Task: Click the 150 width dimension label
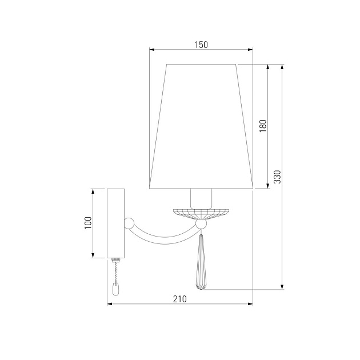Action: [x=201, y=44]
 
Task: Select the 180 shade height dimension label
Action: [x=263, y=126]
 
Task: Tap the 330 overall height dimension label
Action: [x=277, y=177]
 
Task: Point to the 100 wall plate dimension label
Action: [x=87, y=223]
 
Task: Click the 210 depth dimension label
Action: [x=179, y=298]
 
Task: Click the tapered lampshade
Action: [x=201, y=126]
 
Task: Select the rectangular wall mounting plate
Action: [x=116, y=223]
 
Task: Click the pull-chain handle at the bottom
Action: [x=116, y=290]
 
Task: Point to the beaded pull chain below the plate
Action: [x=116, y=271]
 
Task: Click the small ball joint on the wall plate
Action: [x=130, y=222]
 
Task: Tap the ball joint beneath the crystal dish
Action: [x=201, y=226]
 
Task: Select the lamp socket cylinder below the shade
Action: [x=201, y=198]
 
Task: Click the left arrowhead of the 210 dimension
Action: [x=110, y=305]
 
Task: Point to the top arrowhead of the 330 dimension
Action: [x=282, y=66]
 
